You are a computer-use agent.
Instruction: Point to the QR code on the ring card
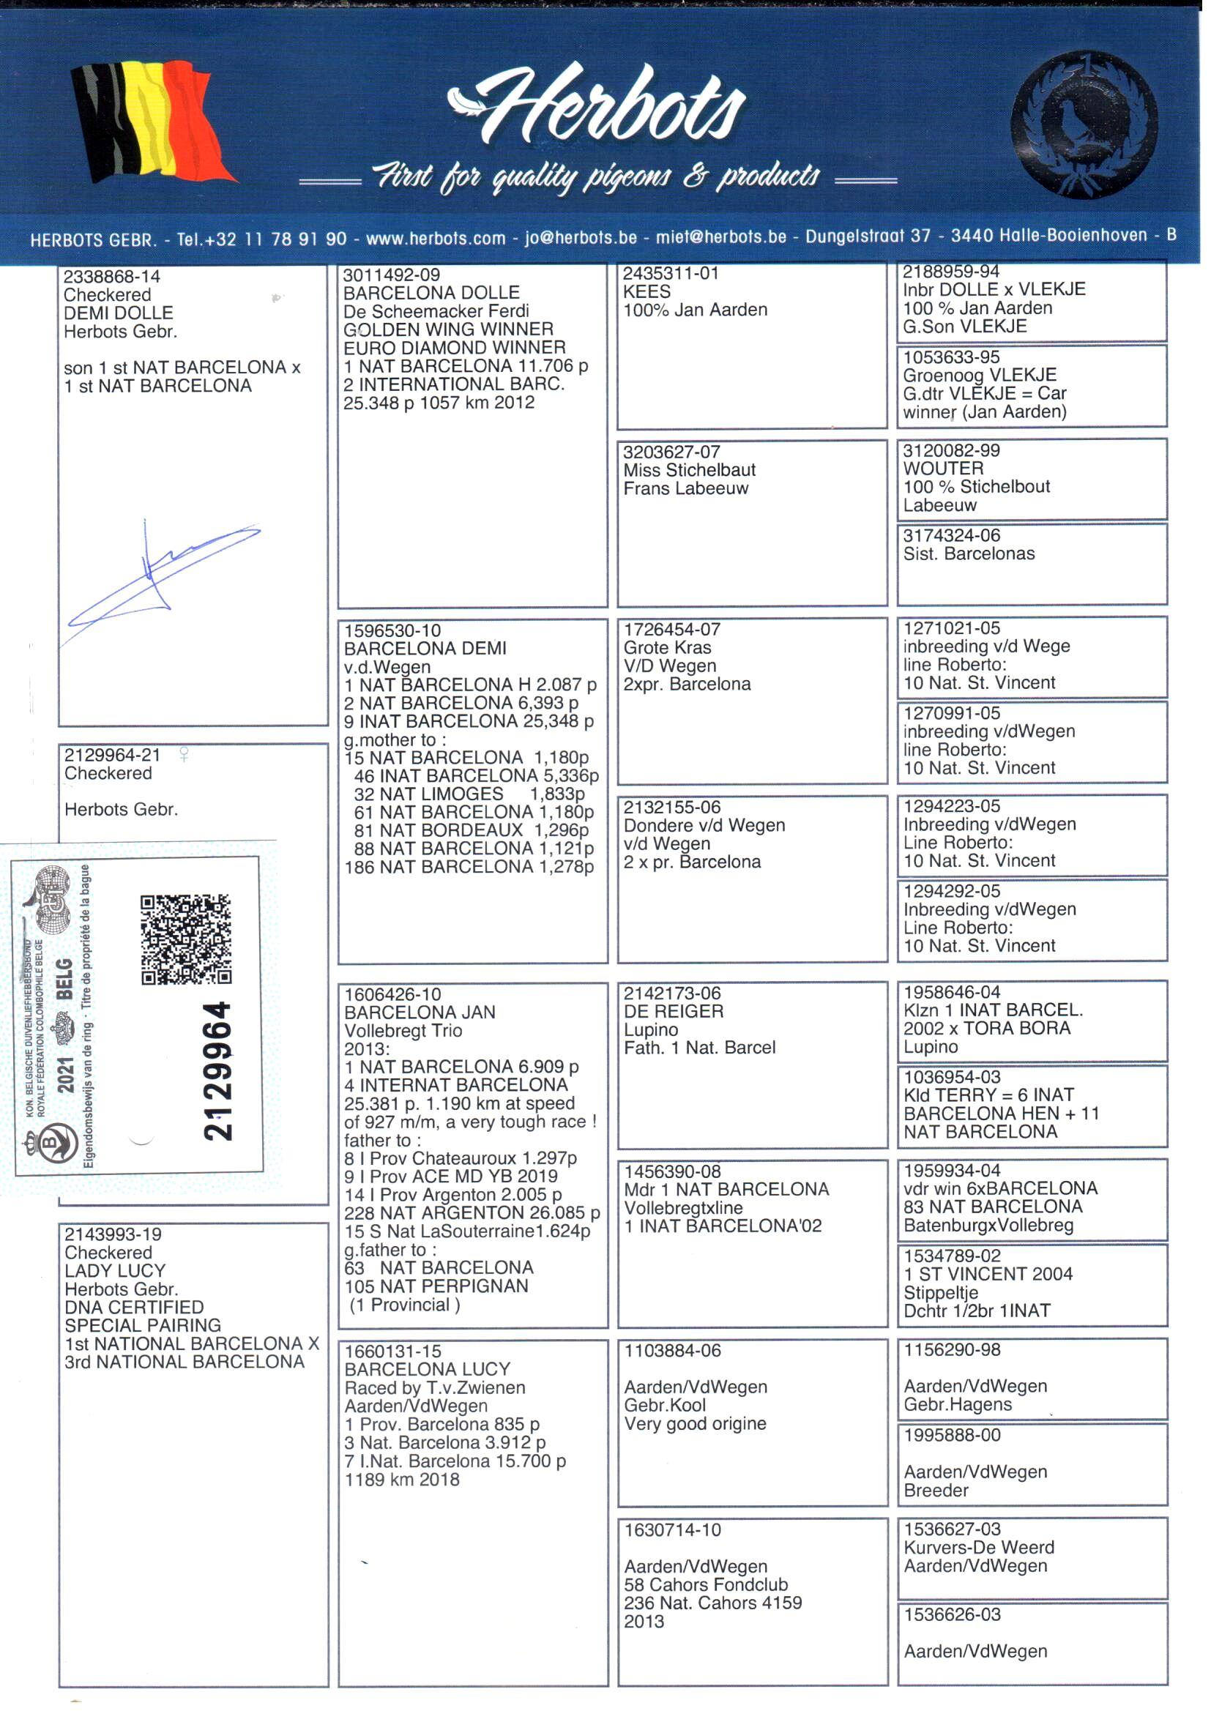click(x=186, y=939)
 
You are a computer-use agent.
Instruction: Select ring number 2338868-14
click(x=111, y=277)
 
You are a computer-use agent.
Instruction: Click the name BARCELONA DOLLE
click(x=431, y=293)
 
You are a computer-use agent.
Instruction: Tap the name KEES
click(x=647, y=291)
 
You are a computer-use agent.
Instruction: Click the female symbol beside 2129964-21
click(x=184, y=755)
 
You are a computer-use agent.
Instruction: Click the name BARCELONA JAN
click(x=420, y=1013)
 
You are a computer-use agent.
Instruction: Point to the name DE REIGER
click(x=674, y=1012)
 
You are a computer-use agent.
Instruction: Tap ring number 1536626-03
click(x=953, y=1614)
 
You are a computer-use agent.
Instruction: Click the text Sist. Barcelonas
click(x=969, y=554)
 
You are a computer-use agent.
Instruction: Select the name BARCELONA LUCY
click(x=428, y=1370)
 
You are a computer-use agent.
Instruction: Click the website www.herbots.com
click(x=436, y=239)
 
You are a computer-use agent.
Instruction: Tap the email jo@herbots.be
click(x=581, y=238)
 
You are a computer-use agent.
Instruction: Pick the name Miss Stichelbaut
click(x=689, y=470)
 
